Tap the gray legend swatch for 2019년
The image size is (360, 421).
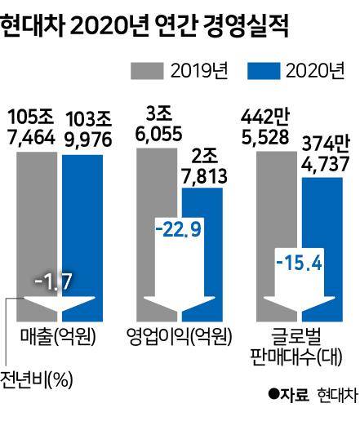(148, 71)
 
